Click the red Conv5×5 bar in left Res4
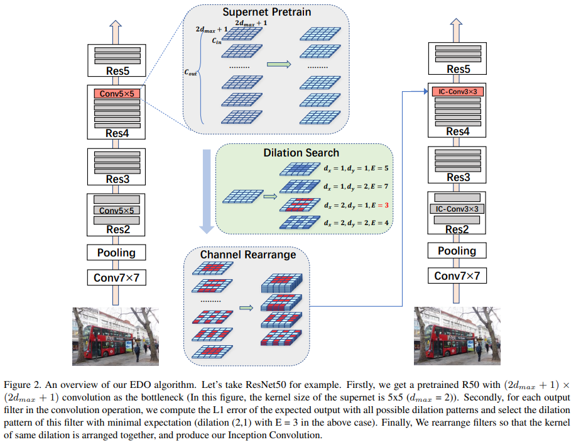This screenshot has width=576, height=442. [x=117, y=94]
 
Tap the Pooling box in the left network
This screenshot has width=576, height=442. [x=117, y=252]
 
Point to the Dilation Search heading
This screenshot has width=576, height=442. [x=302, y=152]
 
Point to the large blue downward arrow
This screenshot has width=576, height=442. [x=204, y=189]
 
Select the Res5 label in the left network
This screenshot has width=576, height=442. [x=117, y=71]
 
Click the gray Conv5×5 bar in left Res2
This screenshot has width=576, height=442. [x=117, y=211]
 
